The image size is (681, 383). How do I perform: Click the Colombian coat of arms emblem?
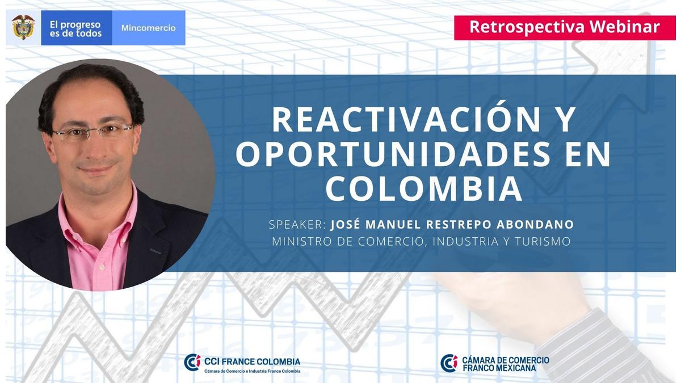23,27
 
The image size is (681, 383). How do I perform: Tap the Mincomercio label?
148,28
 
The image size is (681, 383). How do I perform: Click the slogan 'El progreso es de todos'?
75,29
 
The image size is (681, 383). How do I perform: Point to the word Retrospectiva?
527,27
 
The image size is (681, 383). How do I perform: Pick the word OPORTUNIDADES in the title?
393,154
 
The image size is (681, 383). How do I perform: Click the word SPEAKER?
297,225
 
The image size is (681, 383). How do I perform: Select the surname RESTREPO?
459,225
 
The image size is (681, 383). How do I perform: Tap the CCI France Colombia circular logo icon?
192,363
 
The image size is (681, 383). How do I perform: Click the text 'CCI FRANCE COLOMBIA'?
252,361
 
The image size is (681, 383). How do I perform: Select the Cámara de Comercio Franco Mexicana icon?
449,363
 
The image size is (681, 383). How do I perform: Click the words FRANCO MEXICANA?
499,368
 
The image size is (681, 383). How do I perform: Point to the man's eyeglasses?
93,132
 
